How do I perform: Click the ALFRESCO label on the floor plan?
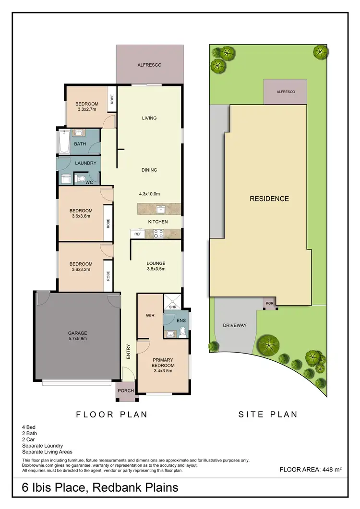pos(149,64)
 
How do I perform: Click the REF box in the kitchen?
pos(138,234)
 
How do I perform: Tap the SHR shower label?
pos(172,307)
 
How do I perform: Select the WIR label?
pos(149,316)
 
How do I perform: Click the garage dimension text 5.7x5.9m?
pos(77,339)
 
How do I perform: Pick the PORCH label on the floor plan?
pos(126,391)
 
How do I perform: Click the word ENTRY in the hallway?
pos(128,352)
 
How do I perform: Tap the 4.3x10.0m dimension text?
pos(149,194)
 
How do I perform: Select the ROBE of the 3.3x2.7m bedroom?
pos(112,99)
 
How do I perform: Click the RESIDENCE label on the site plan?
pos(269,199)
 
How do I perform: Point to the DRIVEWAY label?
pos(235,325)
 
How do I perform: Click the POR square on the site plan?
pos(269,304)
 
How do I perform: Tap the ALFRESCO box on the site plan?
pos(285,92)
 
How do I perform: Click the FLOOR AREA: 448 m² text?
pos(311,470)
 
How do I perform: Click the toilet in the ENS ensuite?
pos(183,331)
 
